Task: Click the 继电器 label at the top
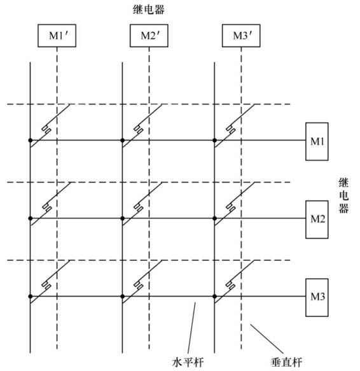pyautogui.click(x=149, y=10)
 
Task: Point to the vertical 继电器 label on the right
pyautogui.click(x=343, y=195)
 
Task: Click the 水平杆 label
pyautogui.click(x=188, y=362)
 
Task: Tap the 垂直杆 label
pyautogui.click(x=286, y=362)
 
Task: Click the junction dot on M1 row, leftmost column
pyautogui.click(x=31, y=140)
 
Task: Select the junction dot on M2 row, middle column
pyautogui.click(x=122, y=218)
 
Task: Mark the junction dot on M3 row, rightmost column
pyautogui.click(x=214, y=297)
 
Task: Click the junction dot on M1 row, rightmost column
pyautogui.click(x=214, y=140)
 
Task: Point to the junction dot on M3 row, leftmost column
pyautogui.click(x=31, y=297)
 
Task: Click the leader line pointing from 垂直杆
pyautogui.click(x=267, y=339)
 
